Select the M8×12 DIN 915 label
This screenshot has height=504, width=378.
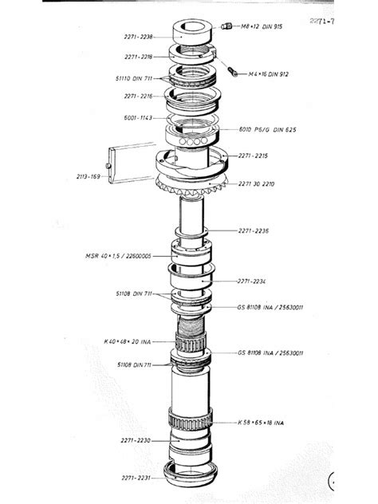point(258,26)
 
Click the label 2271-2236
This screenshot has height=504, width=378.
point(254,231)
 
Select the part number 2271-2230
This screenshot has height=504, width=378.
point(137,439)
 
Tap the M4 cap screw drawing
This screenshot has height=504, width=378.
point(232,72)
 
